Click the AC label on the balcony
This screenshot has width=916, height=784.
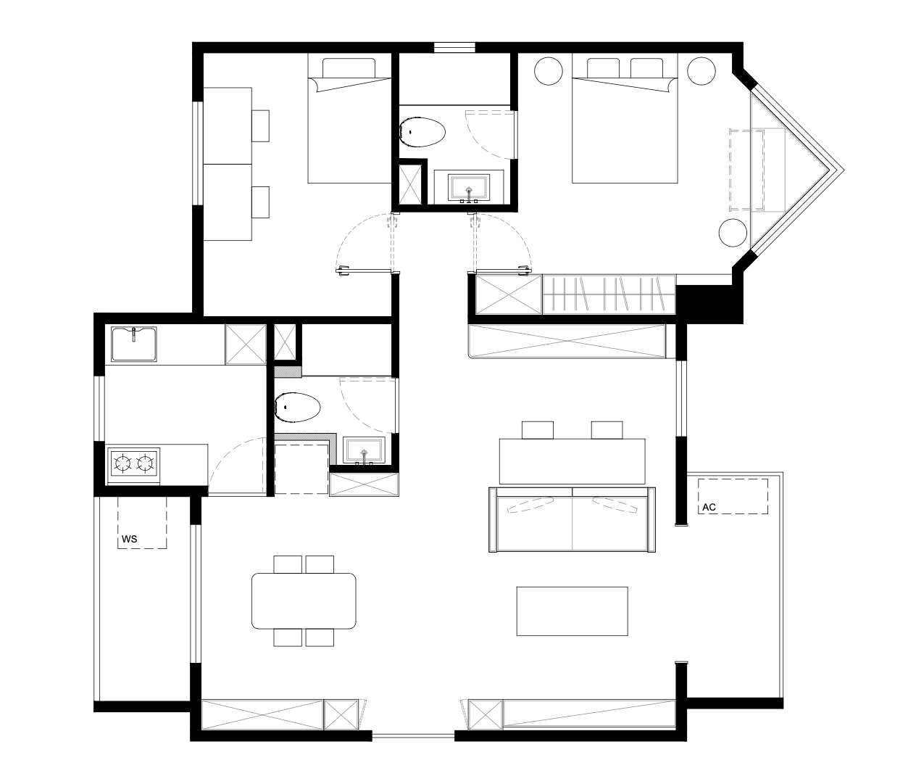click(x=709, y=507)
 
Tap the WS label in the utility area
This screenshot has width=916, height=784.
click(x=130, y=539)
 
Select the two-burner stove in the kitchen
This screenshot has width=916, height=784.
click(x=134, y=464)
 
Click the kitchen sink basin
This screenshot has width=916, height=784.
click(x=134, y=344)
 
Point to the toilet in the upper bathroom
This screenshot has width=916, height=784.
click(x=422, y=132)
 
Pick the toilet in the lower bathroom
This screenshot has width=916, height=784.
click(x=297, y=407)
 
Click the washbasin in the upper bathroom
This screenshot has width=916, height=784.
click(x=469, y=187)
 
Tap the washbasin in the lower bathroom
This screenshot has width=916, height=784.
click(x=365, y=450)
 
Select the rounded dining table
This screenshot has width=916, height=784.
click(x=304, y=601)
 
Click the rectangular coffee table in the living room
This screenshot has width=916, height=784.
click(x=572, y=611)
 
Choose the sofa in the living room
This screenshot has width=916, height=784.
click(x=572, y=519)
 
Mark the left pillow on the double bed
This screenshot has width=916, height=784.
click(x=603, y=68)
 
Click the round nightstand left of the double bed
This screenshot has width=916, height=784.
click(x=549, y=71)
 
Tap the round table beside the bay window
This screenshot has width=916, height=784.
click(x=733, y=232)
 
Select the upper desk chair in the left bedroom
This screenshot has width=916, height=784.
click(x=261, y=126)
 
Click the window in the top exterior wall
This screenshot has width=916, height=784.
click(x=454, y=47)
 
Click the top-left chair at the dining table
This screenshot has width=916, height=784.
click(x=288, y=564)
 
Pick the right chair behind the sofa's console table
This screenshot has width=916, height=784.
click(x=607, y=430)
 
